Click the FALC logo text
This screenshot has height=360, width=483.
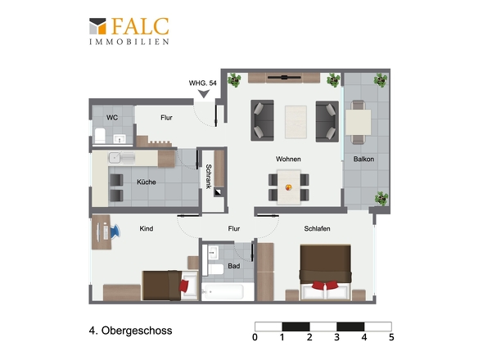[x=140, y=26]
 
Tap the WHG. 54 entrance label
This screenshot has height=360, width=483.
[x=203, y=83]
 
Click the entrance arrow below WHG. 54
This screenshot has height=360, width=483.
[x=204, y=93]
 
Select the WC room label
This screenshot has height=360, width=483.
[x=112, y=117]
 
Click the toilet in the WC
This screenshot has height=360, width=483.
[x=100, y=136]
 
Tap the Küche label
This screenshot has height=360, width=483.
[x=147, y=182]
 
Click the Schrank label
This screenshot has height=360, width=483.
[x=209, y=176]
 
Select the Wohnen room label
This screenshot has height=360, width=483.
[x=288, y=160]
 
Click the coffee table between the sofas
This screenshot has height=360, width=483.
[x=296, y=122]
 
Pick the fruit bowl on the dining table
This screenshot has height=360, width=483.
[x=289, y=187]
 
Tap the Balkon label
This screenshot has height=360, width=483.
[x=363, y=160]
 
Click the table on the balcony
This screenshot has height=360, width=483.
[x=358, y=122]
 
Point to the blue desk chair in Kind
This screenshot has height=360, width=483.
[x=115, y=232]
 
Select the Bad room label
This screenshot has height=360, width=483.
[x=234, y=266]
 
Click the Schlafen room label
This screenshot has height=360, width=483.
[x=318, y=228]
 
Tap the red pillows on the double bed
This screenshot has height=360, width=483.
[x=325, y=286]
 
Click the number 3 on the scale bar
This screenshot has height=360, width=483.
[x=336, y=337]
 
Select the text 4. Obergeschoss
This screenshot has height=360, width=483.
[x=131, y=331]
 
